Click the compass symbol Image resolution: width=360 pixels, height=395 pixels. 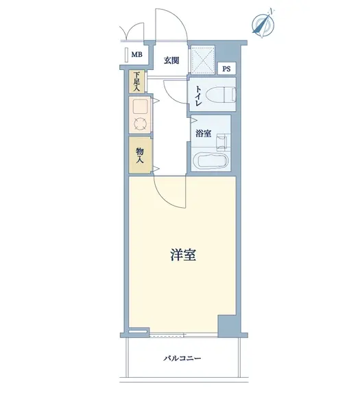click(263, 23)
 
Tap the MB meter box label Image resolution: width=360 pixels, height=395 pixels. click(136, 54)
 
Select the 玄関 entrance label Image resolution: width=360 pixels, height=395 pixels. click(171, 60)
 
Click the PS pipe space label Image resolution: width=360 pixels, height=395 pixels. click(226, 69)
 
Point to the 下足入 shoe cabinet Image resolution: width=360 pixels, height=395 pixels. click(136, 81)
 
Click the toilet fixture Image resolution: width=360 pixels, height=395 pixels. click(221, 95)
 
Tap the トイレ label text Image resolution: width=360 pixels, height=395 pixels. click(199, 96)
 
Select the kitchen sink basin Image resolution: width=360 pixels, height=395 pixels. click(141, 107)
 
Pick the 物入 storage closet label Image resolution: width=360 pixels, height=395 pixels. click(140, 155)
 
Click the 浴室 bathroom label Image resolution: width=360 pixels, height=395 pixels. click(203, 134)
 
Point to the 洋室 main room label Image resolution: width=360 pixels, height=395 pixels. click(183, 254)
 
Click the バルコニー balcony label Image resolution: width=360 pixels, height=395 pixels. click(182, 358)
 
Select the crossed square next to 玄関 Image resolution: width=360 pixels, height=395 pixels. click(202, 60)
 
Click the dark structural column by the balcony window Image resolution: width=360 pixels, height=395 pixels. click(227, 326)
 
